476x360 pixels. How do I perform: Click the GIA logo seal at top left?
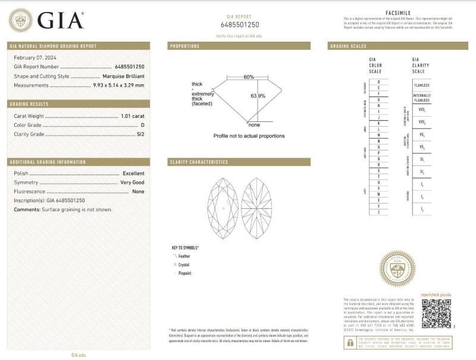[x=21, y=20]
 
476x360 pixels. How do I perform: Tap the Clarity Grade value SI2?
[x=140, y=134]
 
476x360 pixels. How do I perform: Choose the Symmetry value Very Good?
[x=132, y=182]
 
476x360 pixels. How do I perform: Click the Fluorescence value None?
[x=138, y=192]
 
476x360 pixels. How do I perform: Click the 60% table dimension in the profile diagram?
[x=248, y=77]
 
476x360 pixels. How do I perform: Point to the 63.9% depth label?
[x=257, y=96]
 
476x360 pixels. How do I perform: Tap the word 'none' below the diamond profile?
[x=254, y=124]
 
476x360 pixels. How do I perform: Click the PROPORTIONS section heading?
[x=185, y=46]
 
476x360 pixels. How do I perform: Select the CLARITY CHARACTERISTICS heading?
[x=199, y=162]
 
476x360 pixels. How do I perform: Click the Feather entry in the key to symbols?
[x=184, y=256]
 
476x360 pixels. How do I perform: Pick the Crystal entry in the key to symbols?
[x=183, y=264]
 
